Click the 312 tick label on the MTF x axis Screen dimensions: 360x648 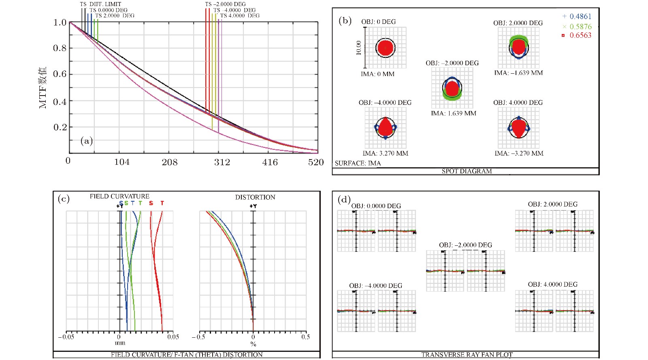coord(222,162)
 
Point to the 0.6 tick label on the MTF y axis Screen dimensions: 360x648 coord(60,74)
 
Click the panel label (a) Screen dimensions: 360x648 coord(87,141)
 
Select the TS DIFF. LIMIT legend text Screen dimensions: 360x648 coord(100,4)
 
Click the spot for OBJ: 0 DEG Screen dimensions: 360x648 coord(385,48)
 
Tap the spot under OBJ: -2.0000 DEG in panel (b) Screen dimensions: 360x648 coord(452,88)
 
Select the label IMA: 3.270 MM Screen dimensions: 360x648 coord(385,153)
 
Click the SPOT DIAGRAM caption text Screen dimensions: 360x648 coord(467,171)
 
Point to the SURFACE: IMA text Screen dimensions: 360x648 coord(358,163)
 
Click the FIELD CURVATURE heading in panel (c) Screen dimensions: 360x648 coord(119,196)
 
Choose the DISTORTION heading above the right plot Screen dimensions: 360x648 coord(255,197)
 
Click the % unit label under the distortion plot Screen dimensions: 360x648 coord(253,344)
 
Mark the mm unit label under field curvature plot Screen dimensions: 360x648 coord(120,343)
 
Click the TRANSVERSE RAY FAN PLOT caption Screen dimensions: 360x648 coord(467,355)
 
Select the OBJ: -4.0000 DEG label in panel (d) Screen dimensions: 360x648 coord(375,286)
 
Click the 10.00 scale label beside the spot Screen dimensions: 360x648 coord(358,48)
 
